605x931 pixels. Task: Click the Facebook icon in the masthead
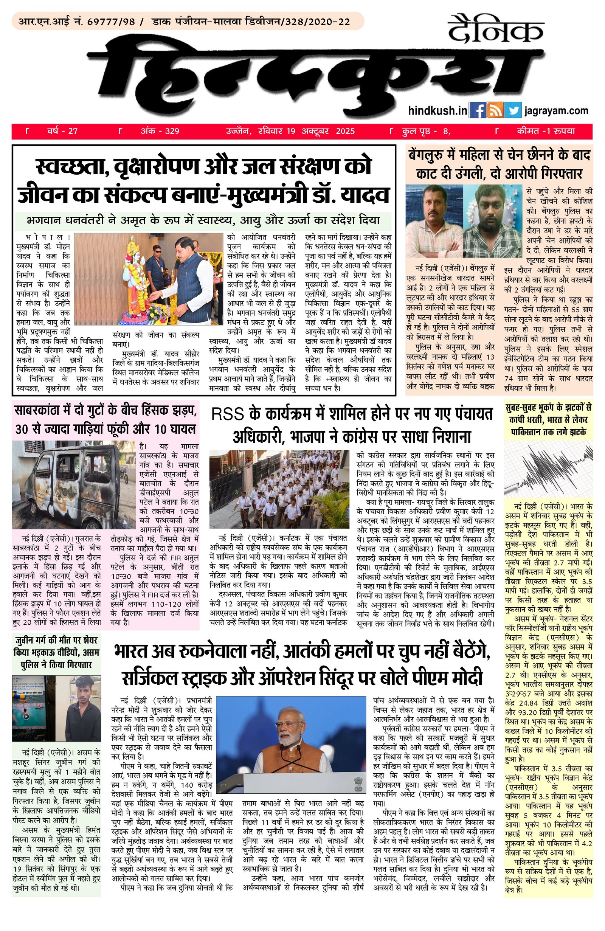pos(477,110)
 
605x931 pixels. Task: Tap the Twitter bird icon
pos(512,110)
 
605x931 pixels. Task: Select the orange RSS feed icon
pos(495,110)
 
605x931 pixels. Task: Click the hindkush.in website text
pos(437,111)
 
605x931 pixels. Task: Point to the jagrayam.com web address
pos(556,110)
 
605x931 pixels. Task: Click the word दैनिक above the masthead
pos(496,29)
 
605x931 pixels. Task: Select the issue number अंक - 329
pos(160,131)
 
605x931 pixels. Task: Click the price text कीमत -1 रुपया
pos(546,131)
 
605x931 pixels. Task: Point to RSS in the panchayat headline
pos(227,414)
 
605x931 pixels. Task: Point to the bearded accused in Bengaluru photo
pos(492,223)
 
